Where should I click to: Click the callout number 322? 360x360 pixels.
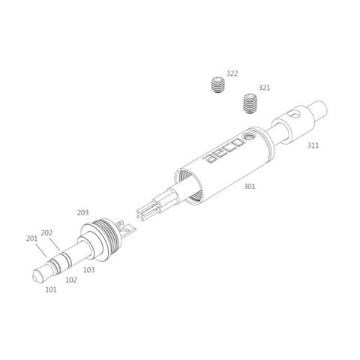tap(232, 73)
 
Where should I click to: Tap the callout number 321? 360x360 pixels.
tap(264, 88)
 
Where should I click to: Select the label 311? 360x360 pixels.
tap(313, 145)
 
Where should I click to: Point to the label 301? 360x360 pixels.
tap(250, 186)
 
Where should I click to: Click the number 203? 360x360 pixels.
tap(82, 213)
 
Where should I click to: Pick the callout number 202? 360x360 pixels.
tap(46, 233)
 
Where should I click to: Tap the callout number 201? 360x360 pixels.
tap(31, 238)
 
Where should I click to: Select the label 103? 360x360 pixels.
tap(89, 270)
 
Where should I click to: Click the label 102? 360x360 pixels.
tap(71, 280)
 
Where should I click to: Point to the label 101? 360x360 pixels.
tap(51, 289)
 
